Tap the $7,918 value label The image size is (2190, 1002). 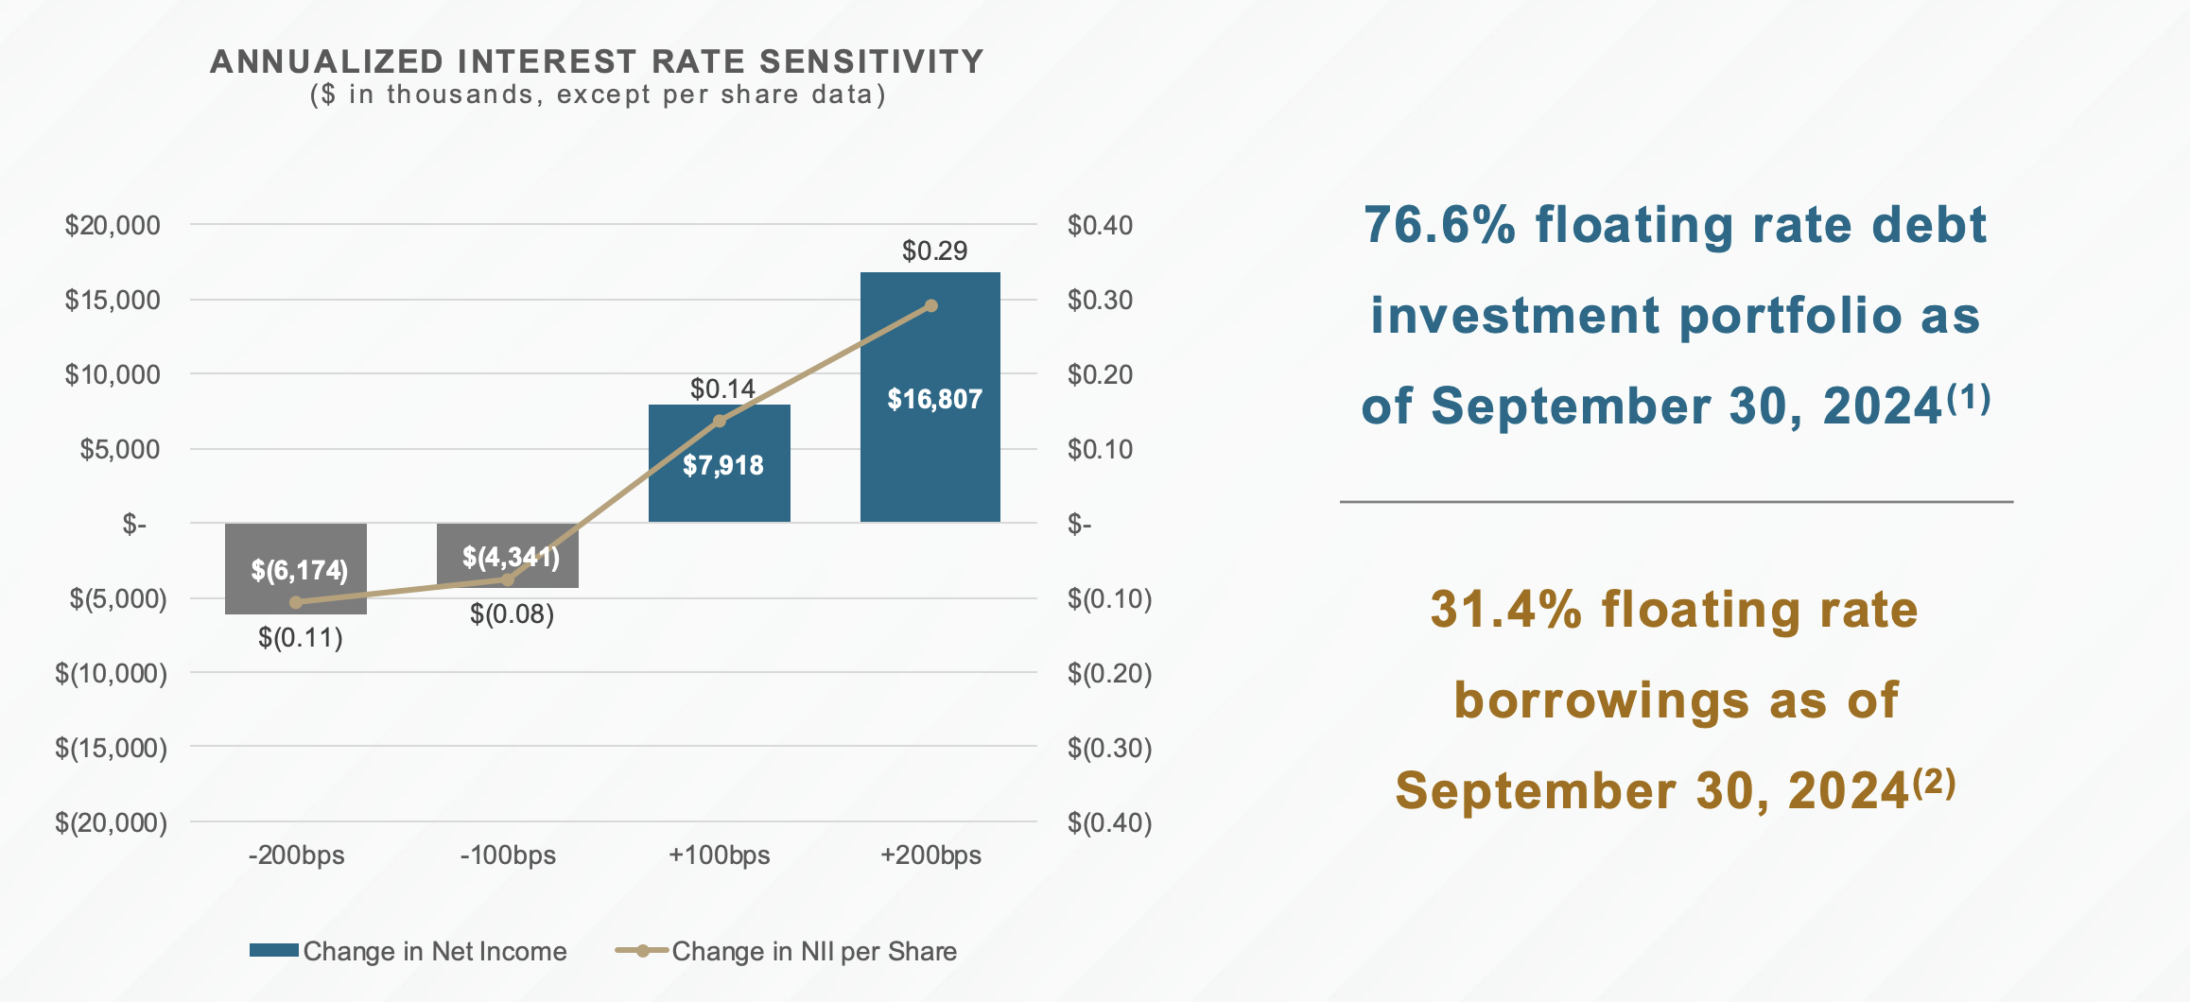tap(723, 465)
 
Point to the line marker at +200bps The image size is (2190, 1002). tap(931, 305)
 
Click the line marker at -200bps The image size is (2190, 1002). tap(296, 602)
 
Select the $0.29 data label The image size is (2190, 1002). tap(934, 250)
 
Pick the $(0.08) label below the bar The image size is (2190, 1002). tap(512, 614)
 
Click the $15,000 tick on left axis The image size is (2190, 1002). tap(113, 300)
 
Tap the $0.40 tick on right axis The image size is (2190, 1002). tap(1100, 225)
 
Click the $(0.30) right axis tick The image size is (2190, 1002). tap(1109, 748)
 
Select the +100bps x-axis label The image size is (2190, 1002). tap(719, 855)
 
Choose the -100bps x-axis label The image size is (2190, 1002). tap(508, 855)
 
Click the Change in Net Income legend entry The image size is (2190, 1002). tap(408, 951)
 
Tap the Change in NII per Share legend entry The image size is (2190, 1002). tap(787, 951)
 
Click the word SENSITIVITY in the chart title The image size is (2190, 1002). tap(871, 61)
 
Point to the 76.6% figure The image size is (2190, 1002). tap(1440, 225)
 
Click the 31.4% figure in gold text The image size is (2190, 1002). tap(1505, 609)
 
